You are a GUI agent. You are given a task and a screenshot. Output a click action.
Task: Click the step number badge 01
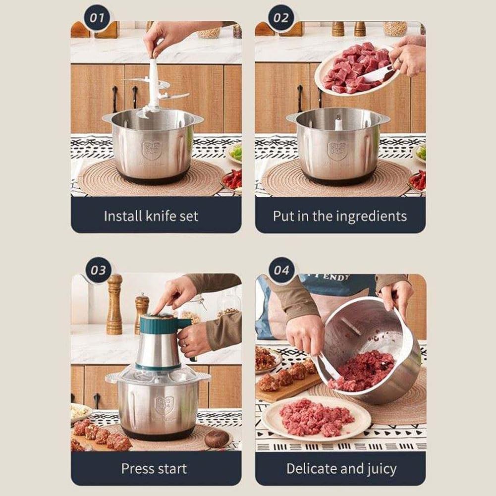pyautogui.click(x=97, y=18)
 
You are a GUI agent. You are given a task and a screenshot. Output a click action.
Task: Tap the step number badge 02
pyautogui.click(x=281, y=18)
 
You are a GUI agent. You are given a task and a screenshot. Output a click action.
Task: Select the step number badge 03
pyautogui.click(x=98, y=270)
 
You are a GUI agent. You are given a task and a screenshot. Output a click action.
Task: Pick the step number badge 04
pyautogui.click(x=281, y=270)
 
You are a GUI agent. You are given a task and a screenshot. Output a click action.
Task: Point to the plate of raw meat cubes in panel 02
pyautogui.click(x=354, y=69)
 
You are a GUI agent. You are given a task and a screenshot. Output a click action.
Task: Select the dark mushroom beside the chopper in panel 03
pyautogui.click(x=217, y=438)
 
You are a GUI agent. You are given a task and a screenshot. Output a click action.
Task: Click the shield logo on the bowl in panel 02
pyautogui.click(x=336, y=151)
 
